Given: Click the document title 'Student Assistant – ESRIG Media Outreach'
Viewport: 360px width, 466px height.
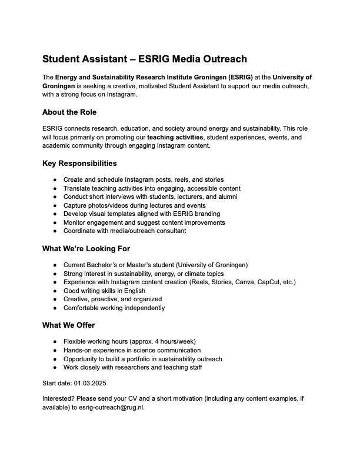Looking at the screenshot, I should [x=144, y=59].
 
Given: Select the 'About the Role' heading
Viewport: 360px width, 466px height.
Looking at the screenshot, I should [x=69, y=112].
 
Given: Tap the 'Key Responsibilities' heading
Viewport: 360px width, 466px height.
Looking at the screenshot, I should [x=79, y=163].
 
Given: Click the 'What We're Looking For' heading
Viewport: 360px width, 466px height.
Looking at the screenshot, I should [x=86, y=248].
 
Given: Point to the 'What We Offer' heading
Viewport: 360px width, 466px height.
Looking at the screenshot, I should [x=68, y=325].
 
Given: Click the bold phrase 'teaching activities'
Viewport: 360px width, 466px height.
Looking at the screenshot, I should [x=175, y=137].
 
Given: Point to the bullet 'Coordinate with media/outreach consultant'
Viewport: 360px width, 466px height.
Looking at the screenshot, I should [x=125, y=231].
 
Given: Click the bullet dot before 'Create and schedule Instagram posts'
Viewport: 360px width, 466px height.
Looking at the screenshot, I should [x=55, y=179].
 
